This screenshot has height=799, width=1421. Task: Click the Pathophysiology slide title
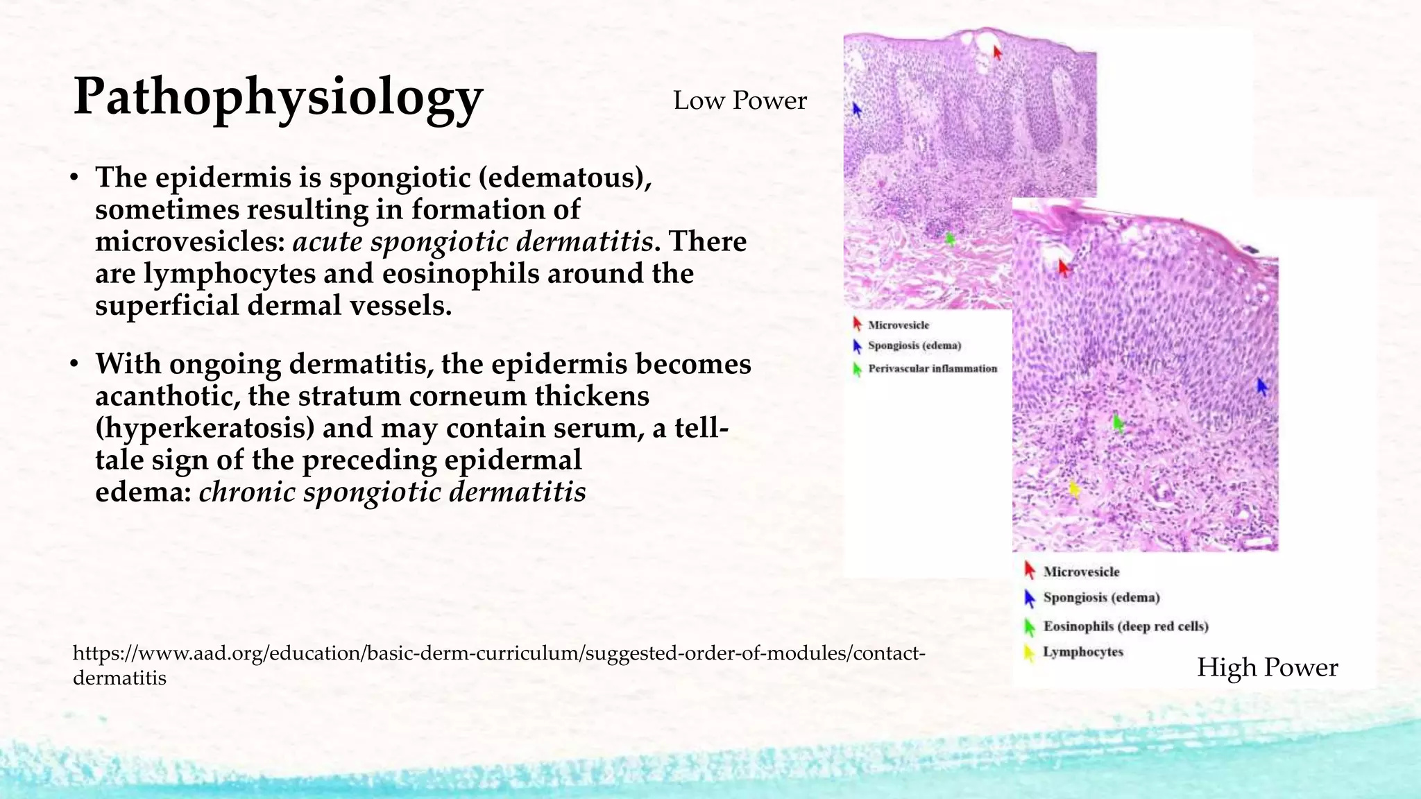(x=278, y=97)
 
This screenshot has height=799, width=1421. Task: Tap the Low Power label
(x=740, y=101)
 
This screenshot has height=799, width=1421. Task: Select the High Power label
(x=1267, y=667)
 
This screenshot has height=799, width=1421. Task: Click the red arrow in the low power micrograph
(x=998, y=53)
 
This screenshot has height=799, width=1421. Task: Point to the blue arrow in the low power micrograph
(x=857, y=110)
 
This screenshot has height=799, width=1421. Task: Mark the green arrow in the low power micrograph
(x=951, y=239)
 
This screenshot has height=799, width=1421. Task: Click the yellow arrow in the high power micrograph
(x=1075, y=490)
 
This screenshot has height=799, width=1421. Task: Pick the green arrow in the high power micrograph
(x=1117, y=422)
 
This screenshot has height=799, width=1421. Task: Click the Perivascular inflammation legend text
(x=933, y=369)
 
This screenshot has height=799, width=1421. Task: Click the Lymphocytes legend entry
(x=1082, y=652)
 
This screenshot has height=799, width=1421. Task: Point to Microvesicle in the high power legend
(x=1081, y=572)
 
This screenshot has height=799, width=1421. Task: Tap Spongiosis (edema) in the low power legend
(x=914, y=345)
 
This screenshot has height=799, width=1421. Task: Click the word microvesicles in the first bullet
(x=190, y=242)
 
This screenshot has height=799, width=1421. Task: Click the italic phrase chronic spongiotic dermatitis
(x=392, y=492)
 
